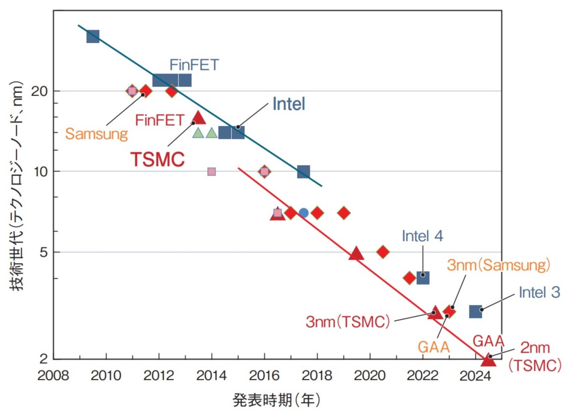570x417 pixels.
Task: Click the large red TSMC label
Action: click(157, 160)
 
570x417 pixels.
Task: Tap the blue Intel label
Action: click(289, 104)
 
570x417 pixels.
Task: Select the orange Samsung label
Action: click(96, 134)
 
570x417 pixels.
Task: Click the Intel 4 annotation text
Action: click(422, 236)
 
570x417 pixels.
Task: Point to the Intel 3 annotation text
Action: click(539, 293)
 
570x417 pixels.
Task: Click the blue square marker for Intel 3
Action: click(475, 311)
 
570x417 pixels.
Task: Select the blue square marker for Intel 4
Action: click(423, 277)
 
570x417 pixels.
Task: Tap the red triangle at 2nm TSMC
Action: click(488, 360)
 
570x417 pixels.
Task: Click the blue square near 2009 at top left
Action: click(93, 36)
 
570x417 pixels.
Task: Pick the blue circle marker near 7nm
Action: click(304, 213)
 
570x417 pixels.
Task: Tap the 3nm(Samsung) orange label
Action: click(498, 265)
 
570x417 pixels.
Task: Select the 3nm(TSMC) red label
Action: click(348, 322)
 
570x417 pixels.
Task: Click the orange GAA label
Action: click(433, 347)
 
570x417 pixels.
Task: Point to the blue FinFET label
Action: click(194, 65)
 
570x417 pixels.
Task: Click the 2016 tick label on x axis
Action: click(264, 376)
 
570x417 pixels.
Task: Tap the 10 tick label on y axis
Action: click(41, 171)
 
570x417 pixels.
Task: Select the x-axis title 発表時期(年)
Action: click(276, 400)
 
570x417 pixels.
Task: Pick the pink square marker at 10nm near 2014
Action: click(211, 171)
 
